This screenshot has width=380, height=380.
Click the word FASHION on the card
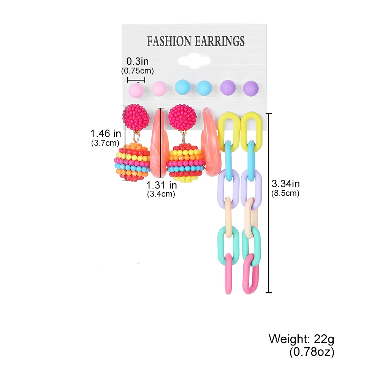point(169,41)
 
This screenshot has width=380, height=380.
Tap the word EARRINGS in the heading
point(220,41)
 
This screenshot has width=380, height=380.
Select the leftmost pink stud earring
point(136,90)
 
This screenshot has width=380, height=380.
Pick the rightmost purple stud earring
point(250,88)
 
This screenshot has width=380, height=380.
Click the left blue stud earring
point(182,87)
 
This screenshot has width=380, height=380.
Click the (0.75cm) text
point(138,71)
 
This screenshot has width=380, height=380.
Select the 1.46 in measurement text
point(106,133)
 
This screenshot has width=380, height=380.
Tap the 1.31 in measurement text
point(162,185)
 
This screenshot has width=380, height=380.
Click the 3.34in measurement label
point(285,184)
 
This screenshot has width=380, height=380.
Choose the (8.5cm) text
point(285,193)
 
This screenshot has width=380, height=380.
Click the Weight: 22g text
point(301,339)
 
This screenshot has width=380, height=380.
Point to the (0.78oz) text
point(312,352)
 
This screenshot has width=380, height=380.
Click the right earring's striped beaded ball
point(186,163)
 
